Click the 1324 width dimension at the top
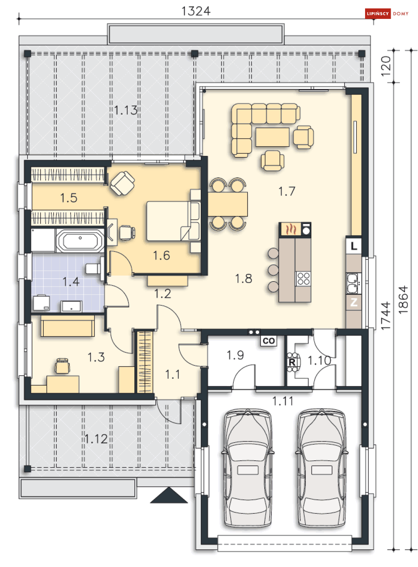pos(196,11)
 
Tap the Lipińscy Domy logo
pos(387,13)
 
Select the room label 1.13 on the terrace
pos(126,110)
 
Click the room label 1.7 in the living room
pos(287,192)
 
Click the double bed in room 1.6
pos(172,221)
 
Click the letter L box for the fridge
pos(354,246)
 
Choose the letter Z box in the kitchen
pos(354,302)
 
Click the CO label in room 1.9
pos(268,341)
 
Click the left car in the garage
pos(247,467)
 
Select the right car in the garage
pos(321,467)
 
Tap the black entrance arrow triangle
pos(169,496)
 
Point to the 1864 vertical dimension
pos(403,300)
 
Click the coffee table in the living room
pos(272,137)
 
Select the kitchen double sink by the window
pos(352,283)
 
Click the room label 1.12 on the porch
pos(96,439)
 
